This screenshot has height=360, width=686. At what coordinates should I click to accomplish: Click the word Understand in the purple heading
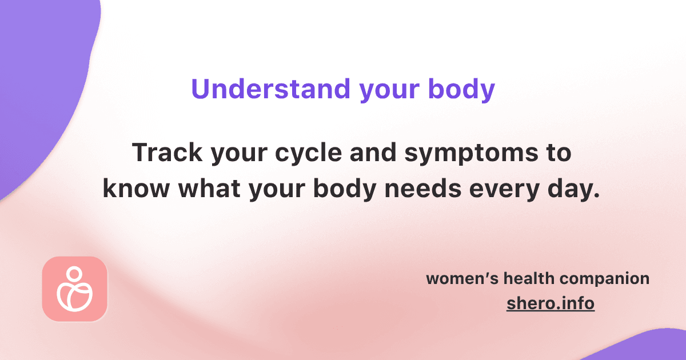pos(271,89)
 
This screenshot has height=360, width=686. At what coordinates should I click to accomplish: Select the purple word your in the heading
pos(389,92)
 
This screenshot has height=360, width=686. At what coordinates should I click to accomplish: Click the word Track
pos(167,152)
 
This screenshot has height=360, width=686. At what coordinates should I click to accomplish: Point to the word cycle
pos(308,154)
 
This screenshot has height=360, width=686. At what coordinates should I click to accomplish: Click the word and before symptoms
pos(373,152)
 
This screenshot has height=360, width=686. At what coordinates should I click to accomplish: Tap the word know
pos(136,188)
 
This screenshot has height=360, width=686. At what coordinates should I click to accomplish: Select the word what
pos(209,188)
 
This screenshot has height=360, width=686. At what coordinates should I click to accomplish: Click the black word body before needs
pos(345,190)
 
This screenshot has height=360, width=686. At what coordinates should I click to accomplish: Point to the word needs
pos(422,188)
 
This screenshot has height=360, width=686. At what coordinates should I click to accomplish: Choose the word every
pos(504,190)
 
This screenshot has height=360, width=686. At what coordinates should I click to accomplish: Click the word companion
pos(605,279)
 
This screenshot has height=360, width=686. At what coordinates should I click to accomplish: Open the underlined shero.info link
pos(551,303)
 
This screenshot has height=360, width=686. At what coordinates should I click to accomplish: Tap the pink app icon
pos(75,289)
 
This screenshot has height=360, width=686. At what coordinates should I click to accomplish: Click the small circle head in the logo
pos(74,273)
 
